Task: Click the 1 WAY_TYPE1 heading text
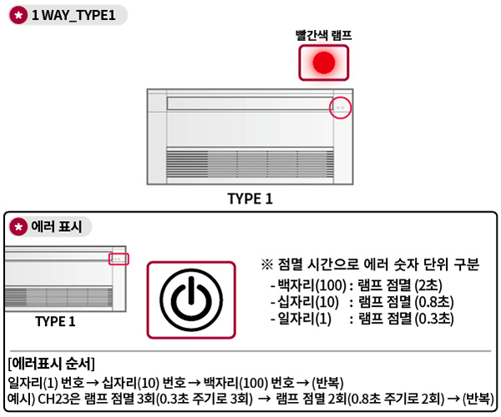point(73,17)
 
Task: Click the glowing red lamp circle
point(323,63)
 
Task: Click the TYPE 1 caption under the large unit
point(250,198)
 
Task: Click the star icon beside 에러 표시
point(17,226)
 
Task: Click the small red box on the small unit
point(119,259)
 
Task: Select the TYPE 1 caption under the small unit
point(55,321)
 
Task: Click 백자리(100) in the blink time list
point(307,286)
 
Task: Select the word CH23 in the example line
point(52,398)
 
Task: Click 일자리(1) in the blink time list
point(302,318)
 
